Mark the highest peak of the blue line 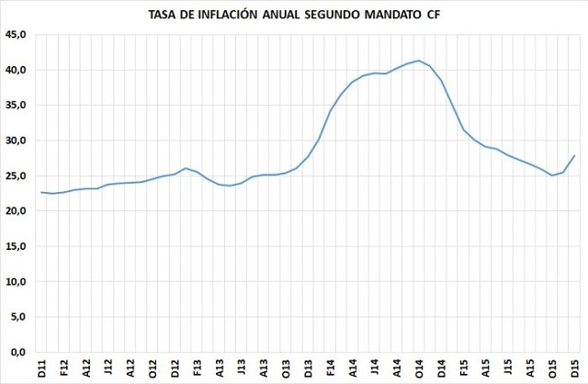419,61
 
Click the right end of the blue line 575,155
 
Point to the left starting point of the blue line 42,192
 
